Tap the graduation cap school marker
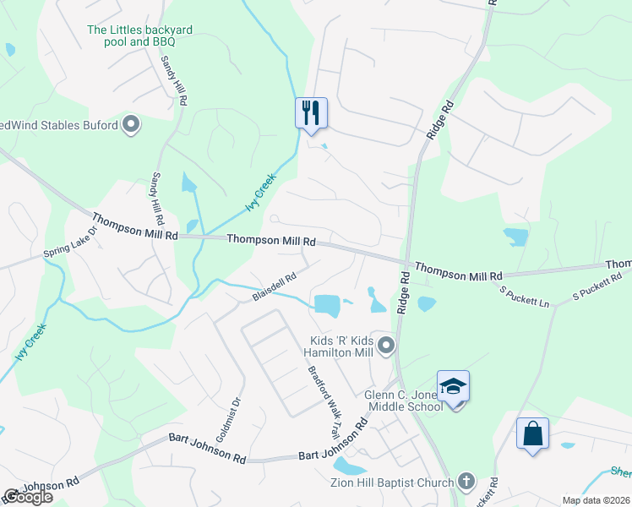(x=453, y=387)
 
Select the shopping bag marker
(x=532, y=434)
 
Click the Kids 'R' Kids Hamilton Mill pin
(x=387, y=344)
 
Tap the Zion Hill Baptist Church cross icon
(x=466, y=482)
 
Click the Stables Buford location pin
(x=131, y=126)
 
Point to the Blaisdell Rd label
(x=274, y=287)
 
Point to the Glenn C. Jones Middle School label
(x=403, y=401)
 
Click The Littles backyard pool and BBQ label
(x=140, y=35)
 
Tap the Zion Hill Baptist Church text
(x=394, y=482)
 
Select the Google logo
(x=27, y=497)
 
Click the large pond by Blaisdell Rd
(x=326, y=304)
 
